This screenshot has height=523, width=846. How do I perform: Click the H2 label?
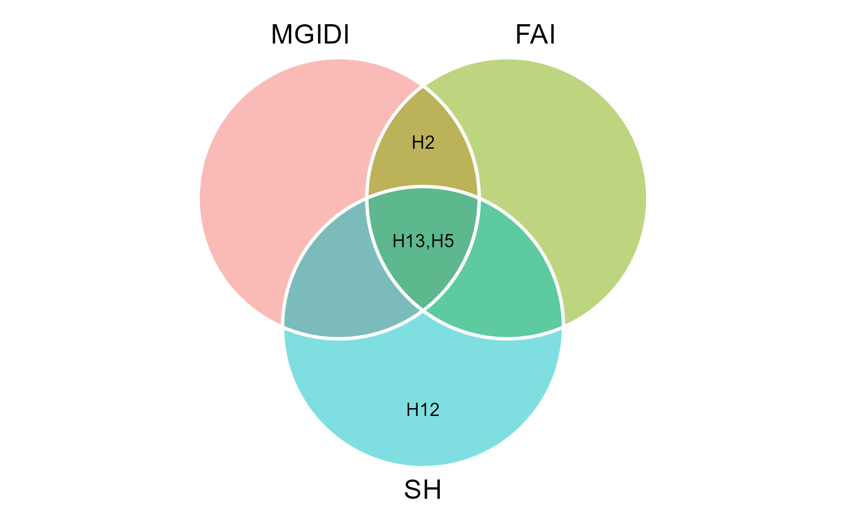pyautogui.click(x=423, y=143)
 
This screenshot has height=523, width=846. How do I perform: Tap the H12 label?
pyautogui.click(x=423, y=410)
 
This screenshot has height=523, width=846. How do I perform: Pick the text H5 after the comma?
pyautogui.click(x=443, y=241)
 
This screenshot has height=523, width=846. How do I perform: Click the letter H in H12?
pyautogui.click(x=413, y=410)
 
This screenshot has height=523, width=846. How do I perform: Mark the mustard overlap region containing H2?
pyautogui.click(x=423, y=163)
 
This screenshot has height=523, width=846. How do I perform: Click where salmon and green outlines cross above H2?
pyautogui.click(x=423, y=86)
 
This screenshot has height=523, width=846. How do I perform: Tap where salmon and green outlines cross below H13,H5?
pyautogui.click(x=423, y=310)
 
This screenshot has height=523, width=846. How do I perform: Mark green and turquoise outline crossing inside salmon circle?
pyautogui.click(x=367, y=197)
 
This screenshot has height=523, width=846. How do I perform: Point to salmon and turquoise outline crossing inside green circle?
pyautogui.click(x=479, y=197)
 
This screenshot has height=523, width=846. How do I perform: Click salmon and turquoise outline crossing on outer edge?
pyautogui.click(x=283, y=326)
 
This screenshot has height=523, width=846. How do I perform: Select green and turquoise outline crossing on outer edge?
pyautogui.click(x=563, y=327)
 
